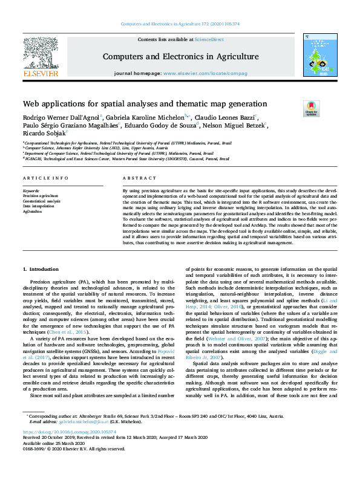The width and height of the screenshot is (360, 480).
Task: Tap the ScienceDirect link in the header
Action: [x=209, y=39]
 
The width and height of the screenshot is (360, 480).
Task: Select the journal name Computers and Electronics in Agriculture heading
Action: [x=181, y=57]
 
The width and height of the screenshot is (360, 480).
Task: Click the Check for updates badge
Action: [x=311, y=108]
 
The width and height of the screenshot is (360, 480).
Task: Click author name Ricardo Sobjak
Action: [x=42, y=134]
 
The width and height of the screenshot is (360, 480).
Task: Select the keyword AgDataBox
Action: [x=34, y=211]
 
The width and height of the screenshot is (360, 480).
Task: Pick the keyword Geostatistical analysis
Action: [x=41, y=201]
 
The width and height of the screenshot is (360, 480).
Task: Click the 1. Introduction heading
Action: [x=41, y=268]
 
